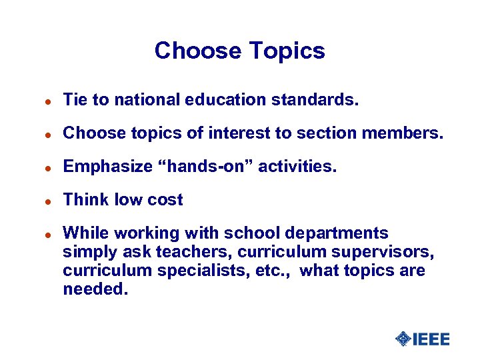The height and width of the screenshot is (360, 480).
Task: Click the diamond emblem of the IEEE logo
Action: pyautogui.click(x=403, y=339)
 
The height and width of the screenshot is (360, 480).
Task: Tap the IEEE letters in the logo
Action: pyautogui.click(x=431, y=339)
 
